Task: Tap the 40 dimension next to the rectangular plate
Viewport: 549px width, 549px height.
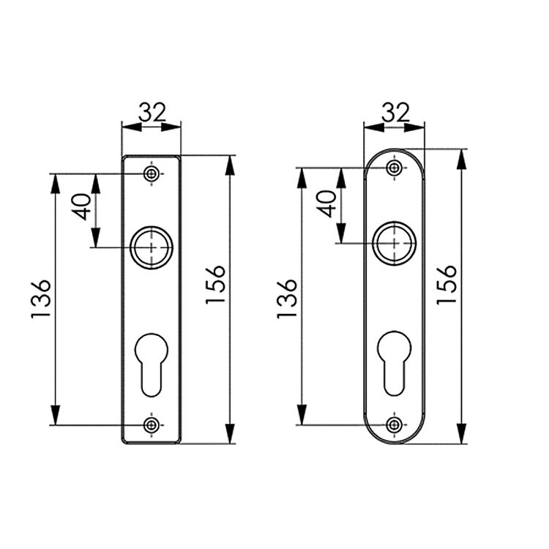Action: click(x=82, y=207)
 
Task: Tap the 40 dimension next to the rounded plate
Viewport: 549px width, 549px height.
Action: click(x=327, y=203)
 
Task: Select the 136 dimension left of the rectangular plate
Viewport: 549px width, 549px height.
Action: click(x=42, y=298)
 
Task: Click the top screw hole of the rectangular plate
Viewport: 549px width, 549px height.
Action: click(x=152, y=173)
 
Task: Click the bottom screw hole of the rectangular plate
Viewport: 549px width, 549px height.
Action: click(x=152, y=425)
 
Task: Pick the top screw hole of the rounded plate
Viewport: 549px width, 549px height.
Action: click(x=395, y=168)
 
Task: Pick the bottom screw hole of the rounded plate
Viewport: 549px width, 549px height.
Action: click(x=395, y=425)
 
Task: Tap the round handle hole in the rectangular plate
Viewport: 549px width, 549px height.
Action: click(x=152, y=247)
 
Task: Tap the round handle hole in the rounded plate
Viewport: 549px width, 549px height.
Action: click(x=395, y=242)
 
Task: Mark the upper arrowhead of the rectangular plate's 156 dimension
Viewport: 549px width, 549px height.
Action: click(x=231, y=164)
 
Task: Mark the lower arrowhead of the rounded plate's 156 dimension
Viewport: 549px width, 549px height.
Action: click(x=461, y=435)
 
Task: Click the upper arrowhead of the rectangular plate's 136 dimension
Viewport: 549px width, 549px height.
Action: click(x=55, y=183)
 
